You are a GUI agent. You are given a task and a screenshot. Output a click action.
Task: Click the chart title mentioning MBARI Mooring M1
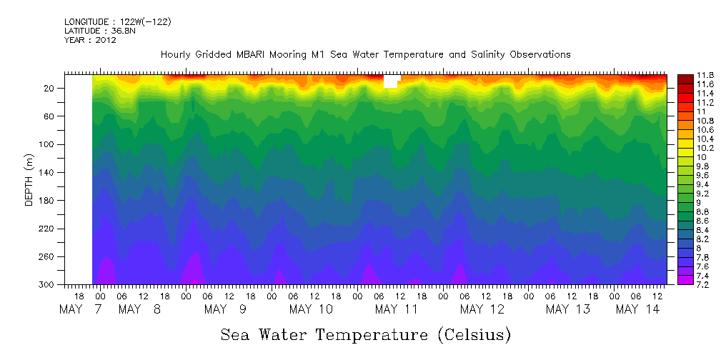click(365, 54)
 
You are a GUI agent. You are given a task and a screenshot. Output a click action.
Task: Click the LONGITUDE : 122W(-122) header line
click(118, 21)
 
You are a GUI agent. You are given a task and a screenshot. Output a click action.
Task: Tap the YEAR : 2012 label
click(90, 40)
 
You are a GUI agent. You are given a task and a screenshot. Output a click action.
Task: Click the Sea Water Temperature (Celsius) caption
click(365, 334)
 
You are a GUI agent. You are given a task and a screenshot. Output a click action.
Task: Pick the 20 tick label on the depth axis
click(49, 88)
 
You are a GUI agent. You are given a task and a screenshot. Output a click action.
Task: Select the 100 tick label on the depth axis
click(47, 144)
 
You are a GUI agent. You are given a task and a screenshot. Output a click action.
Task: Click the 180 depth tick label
click(47, 200)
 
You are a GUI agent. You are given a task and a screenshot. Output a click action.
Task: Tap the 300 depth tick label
click(47, 284)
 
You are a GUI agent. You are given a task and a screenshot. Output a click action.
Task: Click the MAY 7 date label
click(81, 309)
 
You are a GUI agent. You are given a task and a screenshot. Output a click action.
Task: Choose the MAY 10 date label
click(311, 309)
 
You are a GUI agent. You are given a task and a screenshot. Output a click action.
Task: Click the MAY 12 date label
click(482, 309)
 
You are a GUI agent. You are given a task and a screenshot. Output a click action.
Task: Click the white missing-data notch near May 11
click(390, 81)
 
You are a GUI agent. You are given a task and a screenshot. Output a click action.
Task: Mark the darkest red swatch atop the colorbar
click(685, 77)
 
